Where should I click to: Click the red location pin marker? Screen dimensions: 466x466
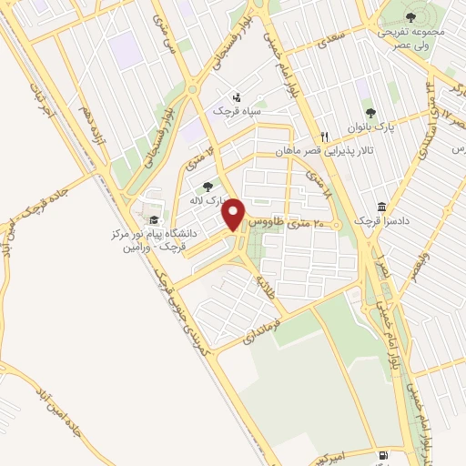click(x=235, y=213)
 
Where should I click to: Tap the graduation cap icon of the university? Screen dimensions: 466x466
click(x=154, y=220)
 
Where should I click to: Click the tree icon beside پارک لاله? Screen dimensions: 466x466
click(x=208, y=186)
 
